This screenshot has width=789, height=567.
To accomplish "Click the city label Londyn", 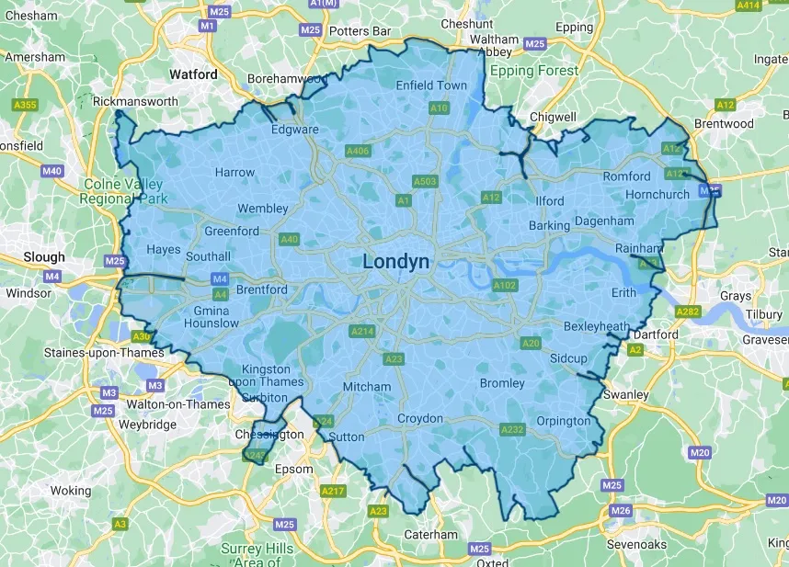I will click(395, 262).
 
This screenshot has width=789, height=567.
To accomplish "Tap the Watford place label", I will click(193, 74).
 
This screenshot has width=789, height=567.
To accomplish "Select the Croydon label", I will click(419, 419).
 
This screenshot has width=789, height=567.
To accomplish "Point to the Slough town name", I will click(44, 257).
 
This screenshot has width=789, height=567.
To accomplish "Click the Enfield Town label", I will click(431, 85).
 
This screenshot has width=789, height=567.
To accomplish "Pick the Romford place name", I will click(626, 176).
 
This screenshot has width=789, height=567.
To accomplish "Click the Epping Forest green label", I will click(534, 71).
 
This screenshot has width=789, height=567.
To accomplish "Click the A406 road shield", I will click(357, 151).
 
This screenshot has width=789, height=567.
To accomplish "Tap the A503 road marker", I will click(424, 182).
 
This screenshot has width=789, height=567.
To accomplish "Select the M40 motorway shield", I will click(52, 172).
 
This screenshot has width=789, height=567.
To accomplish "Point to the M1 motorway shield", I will click(207, 27).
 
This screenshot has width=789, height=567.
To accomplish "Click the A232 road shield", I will click(511, 429).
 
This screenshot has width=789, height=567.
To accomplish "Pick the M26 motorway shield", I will click(621, 511).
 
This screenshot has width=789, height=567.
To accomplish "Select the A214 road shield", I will click(361, 331).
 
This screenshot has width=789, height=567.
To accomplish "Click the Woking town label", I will click(71, 491).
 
